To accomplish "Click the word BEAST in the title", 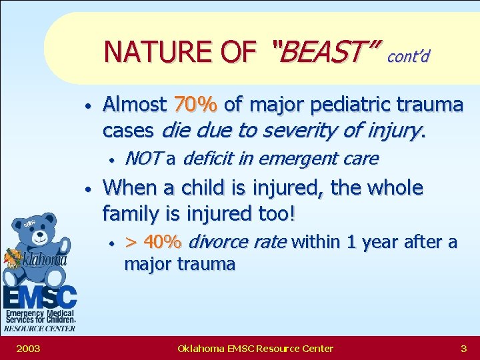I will point(325,51).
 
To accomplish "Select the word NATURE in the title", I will point(143,51).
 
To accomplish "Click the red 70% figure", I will point(195,105).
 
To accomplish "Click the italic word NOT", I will point(143,159).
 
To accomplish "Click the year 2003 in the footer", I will point(27,348).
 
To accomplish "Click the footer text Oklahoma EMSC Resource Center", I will point(255,348).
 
